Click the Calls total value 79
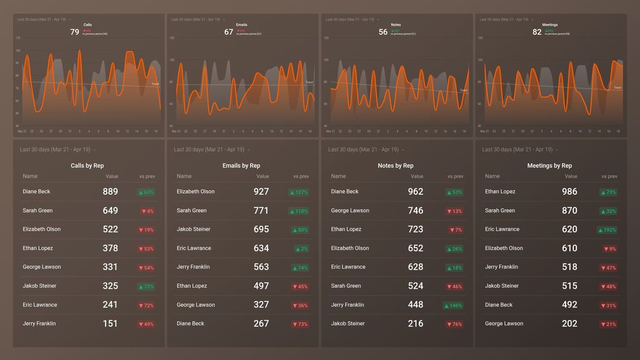coord(74,32)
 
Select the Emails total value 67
coord(229,32)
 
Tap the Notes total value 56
coord(383,32)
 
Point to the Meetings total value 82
coord(537,32)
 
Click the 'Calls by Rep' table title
coord(87,166)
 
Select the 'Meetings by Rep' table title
coord(549,166)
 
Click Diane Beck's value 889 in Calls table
coord(110,192)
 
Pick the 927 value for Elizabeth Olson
coord(261,192)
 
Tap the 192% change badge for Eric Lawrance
coord(607,230)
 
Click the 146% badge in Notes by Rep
coord(453,306)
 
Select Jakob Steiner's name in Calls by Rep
coord(39,286)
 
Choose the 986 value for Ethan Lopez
coord(569,192)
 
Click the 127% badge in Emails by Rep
coord(299,192)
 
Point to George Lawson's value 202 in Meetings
coord(569,324)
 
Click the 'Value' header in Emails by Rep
coord(262,177)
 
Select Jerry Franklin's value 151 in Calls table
coord(110,324)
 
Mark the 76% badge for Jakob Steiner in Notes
coord(454,324)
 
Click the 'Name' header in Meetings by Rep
coord(492,176)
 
